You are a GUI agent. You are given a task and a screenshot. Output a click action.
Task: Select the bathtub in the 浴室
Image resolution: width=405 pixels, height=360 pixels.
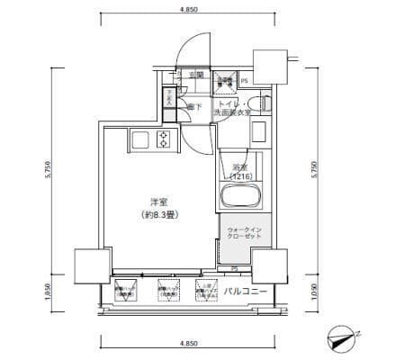coord(239,195)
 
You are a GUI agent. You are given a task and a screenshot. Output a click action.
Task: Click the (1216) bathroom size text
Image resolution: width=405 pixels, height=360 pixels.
coord(239,176)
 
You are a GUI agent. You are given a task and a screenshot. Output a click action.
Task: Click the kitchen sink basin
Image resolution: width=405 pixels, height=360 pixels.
coord(140,139)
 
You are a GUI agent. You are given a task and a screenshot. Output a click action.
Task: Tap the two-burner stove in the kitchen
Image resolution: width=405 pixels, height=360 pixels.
coord(164,139)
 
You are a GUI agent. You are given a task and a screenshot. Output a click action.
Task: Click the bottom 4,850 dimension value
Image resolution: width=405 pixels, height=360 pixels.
coord(190,344)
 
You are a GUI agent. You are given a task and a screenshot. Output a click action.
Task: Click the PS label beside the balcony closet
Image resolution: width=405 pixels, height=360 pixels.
coord(234,268)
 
